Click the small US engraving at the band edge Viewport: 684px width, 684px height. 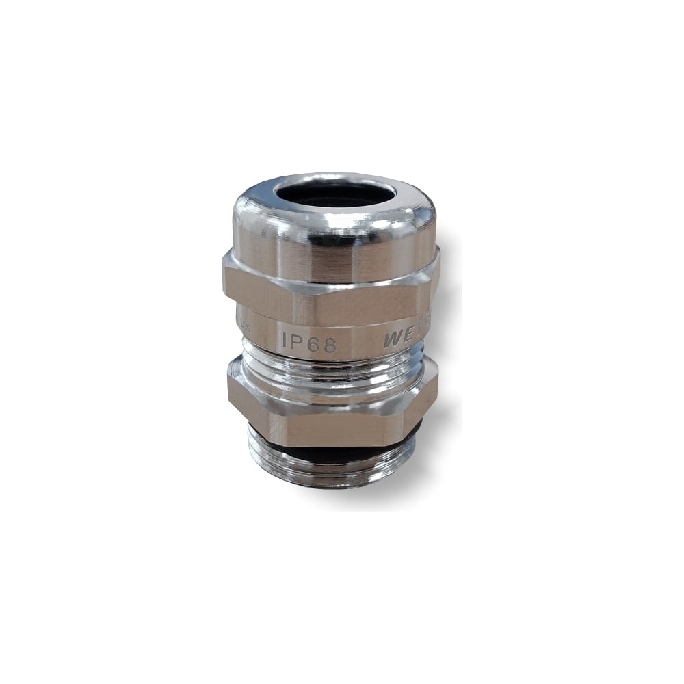tap(246, 328)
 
